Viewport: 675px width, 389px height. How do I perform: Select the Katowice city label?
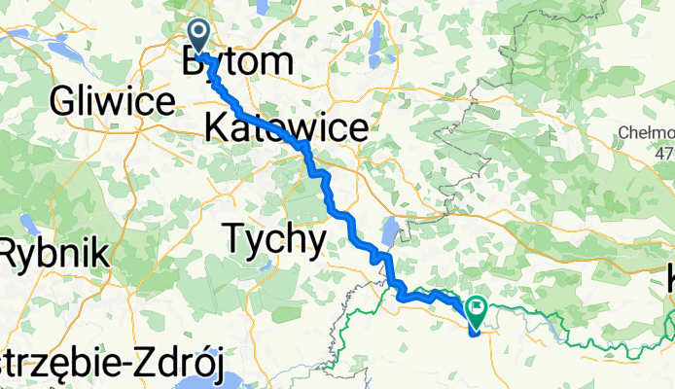(286, 126)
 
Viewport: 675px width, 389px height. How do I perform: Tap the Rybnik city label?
(53, 255)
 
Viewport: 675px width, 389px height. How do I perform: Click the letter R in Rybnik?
(11, 255)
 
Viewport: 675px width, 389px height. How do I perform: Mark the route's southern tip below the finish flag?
(474, 334)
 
